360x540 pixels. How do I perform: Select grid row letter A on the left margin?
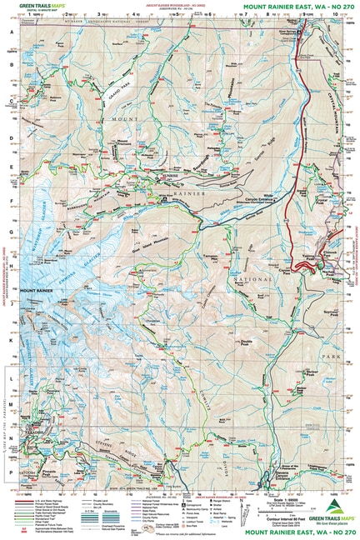coord(12,32)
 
